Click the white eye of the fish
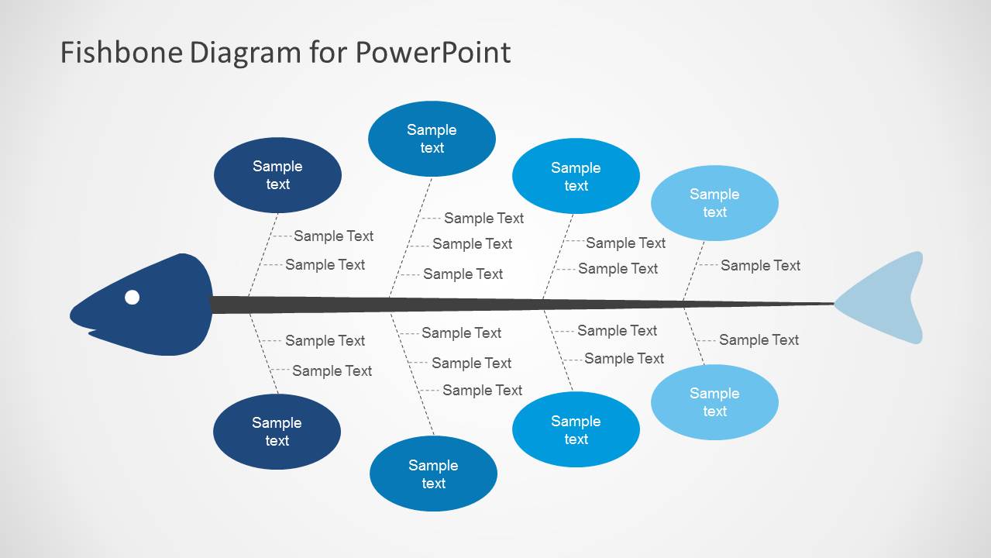pyautogui.click(x=132, y=297)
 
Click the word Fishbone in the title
pyautogui.click(x=122, y=53)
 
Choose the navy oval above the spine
pyautogui.click(x=277, y=175)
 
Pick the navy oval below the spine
pyautogui.click(x=277, y=432)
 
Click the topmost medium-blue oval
pyautogui.click(x=432, y=139)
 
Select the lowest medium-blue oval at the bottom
pyautogui.click(x=433, y=474)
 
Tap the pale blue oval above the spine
pyautogui.click(x=714, y=203)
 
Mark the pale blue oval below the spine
pyautogui.click(x=714, y=402)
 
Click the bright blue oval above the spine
pyautogui.click(x=576, y=177)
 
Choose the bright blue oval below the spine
pyautogui.click(x=576, y=430)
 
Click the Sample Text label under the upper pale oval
pyautogui.click(x=760, y=265)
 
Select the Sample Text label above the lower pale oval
pyautogui.click(x=759, y=339)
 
